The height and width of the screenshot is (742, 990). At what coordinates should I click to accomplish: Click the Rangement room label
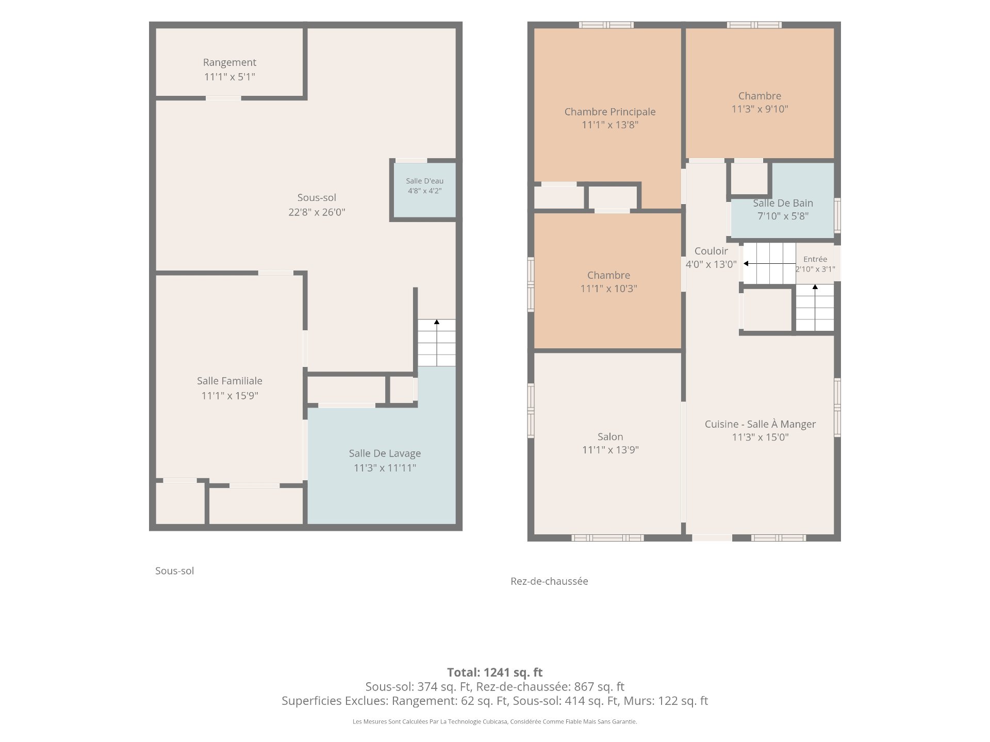(x=229, y=62)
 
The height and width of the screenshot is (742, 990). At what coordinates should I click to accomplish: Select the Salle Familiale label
(x=229, y=381)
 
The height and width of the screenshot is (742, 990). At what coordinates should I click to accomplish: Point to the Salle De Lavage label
(x=385, y=453)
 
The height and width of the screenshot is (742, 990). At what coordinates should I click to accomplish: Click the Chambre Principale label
(x=610, y=112)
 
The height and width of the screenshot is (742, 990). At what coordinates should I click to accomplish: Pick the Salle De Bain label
(x=783, y=203)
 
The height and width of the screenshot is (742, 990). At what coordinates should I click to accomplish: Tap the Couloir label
(x=711, y=251)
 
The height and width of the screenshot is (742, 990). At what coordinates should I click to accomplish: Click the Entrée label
(x=815, y=259)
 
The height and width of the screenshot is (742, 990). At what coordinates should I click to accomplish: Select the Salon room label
(x=610, y=436)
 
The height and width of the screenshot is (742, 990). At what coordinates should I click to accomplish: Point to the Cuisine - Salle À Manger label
(x=760, y=424)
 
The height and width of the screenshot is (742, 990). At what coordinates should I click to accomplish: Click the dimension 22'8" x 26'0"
(x=317, y=212)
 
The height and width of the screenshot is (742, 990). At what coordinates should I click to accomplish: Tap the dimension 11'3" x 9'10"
(x=760, y=109)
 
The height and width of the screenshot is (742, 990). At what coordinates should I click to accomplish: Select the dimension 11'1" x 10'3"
(x=608, y=289)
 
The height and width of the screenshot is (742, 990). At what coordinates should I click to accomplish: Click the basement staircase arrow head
(x=437, y=322)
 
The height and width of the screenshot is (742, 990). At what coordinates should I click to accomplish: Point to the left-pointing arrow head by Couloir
(x=746, y=263)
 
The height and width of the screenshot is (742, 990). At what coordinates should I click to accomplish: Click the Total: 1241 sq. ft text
(x=494, y=672)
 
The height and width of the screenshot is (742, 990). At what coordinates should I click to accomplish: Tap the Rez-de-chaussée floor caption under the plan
(x=549, y=581)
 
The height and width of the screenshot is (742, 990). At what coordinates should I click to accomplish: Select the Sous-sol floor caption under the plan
(x=174, y=570)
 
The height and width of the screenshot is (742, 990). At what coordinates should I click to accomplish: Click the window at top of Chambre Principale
(x=606, y=25)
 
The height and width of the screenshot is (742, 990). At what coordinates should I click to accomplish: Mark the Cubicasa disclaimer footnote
(x=494, y=721)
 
